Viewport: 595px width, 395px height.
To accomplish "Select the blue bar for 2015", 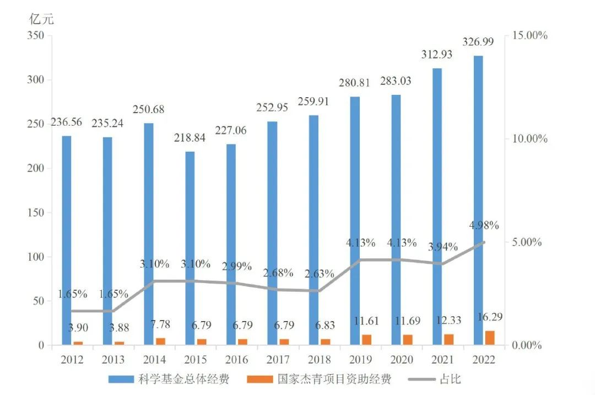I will tap(190, 248).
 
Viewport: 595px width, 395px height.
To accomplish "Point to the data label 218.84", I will tap(190, 138).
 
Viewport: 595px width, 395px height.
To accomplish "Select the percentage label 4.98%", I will tap(484, 225).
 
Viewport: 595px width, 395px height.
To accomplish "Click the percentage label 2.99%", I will tap(236, 266).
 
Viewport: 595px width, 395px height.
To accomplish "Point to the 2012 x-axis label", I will tap(72, 360).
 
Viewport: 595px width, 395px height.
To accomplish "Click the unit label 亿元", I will tap(42, 18).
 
